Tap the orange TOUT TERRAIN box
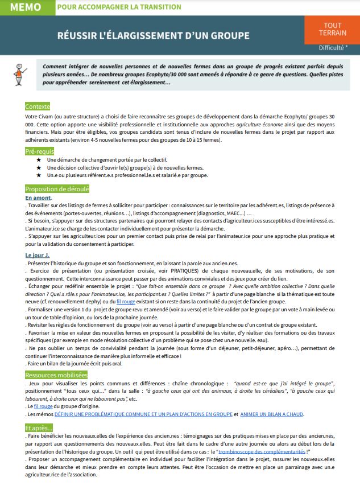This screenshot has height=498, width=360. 332,30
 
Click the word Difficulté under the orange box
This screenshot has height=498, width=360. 330,48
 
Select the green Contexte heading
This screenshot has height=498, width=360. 38,106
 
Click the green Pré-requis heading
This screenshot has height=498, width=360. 40,151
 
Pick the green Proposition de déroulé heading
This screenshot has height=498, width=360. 56,189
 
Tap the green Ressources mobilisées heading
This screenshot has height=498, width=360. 56,374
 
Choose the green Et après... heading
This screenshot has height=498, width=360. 39,427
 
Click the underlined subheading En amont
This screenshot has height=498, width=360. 38,197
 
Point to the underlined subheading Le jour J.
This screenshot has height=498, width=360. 38,256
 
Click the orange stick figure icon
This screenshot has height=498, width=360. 21,73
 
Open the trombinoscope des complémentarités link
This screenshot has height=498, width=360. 261,451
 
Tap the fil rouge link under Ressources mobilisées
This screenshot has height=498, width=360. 44,406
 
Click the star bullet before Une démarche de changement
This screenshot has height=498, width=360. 39,160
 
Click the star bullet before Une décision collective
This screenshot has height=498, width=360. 39,168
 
